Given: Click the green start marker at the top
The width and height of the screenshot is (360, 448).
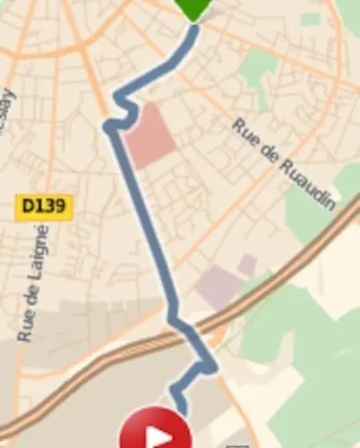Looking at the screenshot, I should click(x=193, y=8).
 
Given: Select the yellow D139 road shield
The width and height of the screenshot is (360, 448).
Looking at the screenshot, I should click(x=44, y=207).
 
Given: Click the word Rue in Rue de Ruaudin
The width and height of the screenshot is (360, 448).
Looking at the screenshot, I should click(x=242, y=129).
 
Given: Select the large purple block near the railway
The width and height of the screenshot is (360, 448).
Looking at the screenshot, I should click(x=219, y=288).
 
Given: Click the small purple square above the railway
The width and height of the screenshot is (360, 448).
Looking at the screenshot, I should click(x=247, y=264).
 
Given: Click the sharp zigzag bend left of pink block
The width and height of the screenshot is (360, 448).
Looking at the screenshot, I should click(x=112, y=127).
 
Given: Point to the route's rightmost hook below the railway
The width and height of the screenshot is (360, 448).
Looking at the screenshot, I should click(x=210, y=366).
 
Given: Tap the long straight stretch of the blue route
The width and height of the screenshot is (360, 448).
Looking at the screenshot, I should click(x=143, y=224).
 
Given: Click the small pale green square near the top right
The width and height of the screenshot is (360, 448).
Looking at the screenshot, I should click(x=311, y=19).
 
